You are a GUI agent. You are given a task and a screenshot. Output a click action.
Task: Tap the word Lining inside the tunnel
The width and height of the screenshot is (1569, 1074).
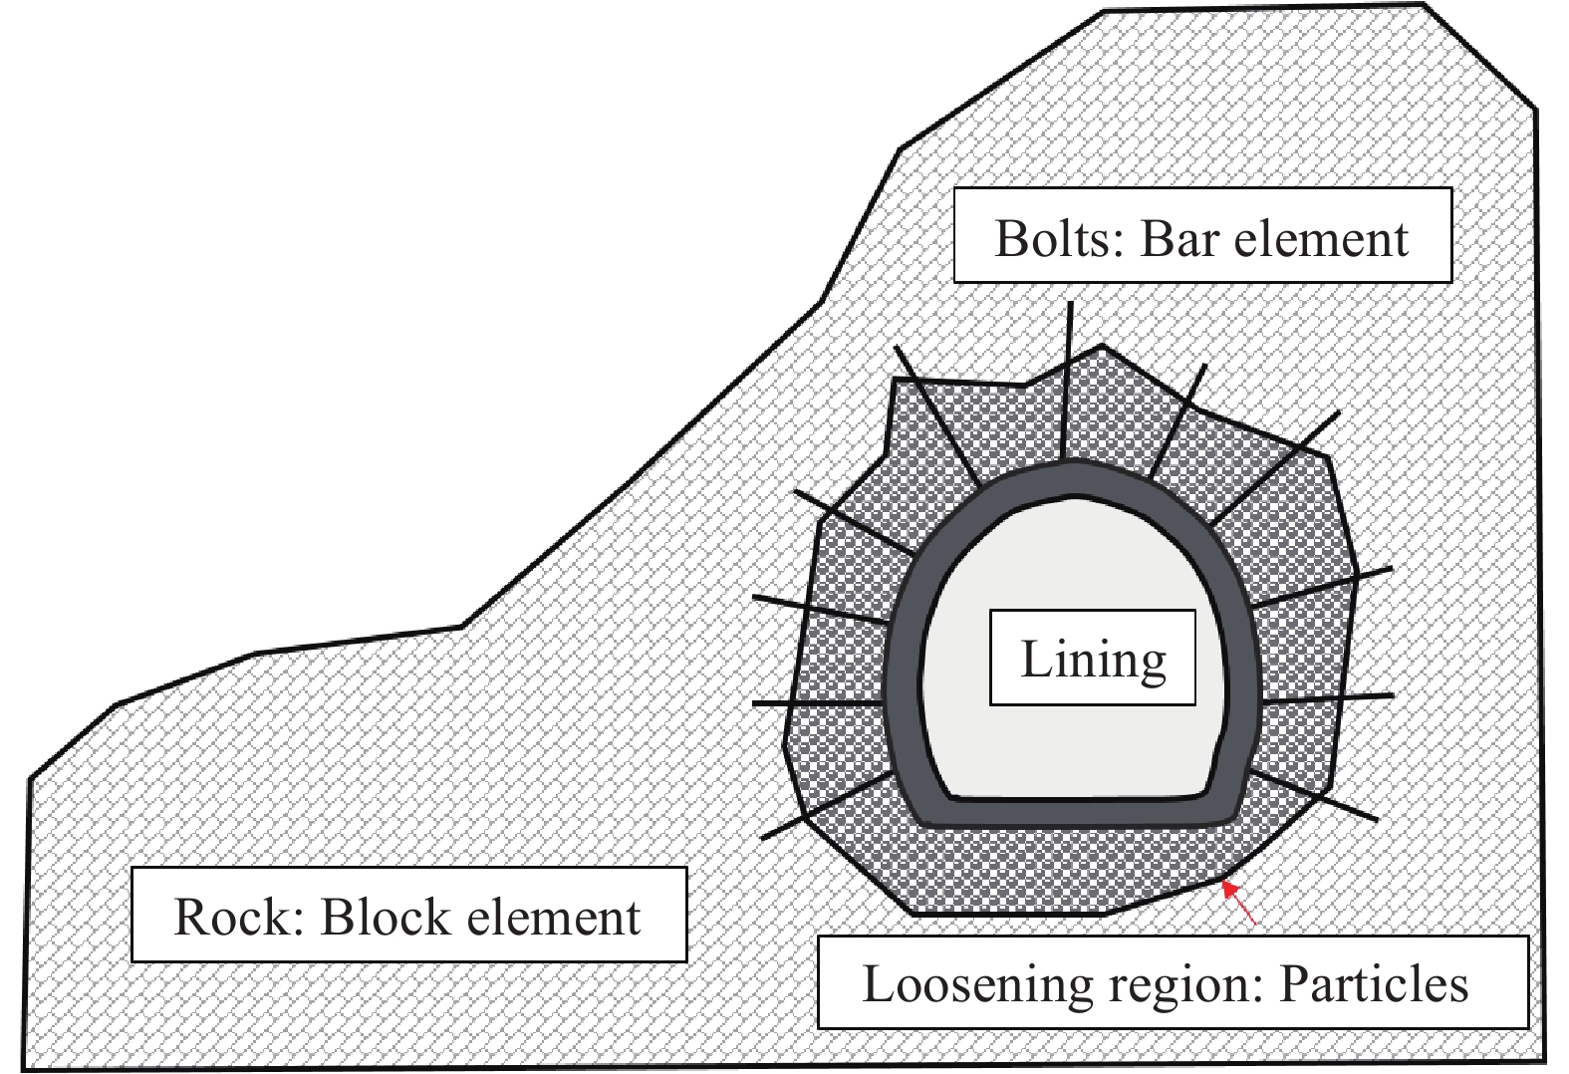[x=1093, y=660]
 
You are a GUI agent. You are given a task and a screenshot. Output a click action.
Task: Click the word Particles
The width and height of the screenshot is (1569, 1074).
[x=1374, y=984]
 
